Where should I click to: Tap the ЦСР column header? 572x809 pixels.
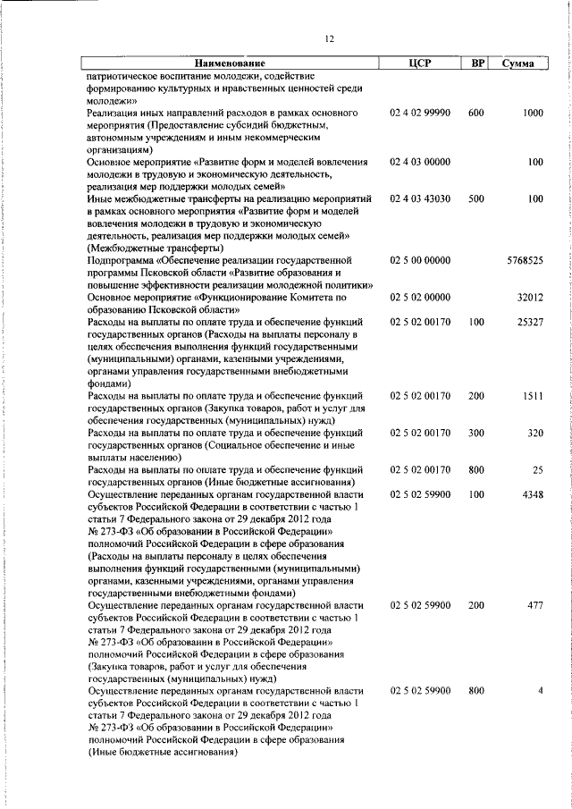(419, 63)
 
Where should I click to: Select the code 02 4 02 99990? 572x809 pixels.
(419, 114)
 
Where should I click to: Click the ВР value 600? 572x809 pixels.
(475, 114)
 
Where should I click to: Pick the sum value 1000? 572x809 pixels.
(533, 114)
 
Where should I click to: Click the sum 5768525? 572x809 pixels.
(525, 259)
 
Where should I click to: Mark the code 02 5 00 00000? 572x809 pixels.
(419, 259)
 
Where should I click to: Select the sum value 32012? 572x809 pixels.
(530, 296)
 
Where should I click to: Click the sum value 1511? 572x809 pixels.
(533, 394)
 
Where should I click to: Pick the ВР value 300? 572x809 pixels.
(475, 432)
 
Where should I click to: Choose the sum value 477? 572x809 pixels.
(534, 605)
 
